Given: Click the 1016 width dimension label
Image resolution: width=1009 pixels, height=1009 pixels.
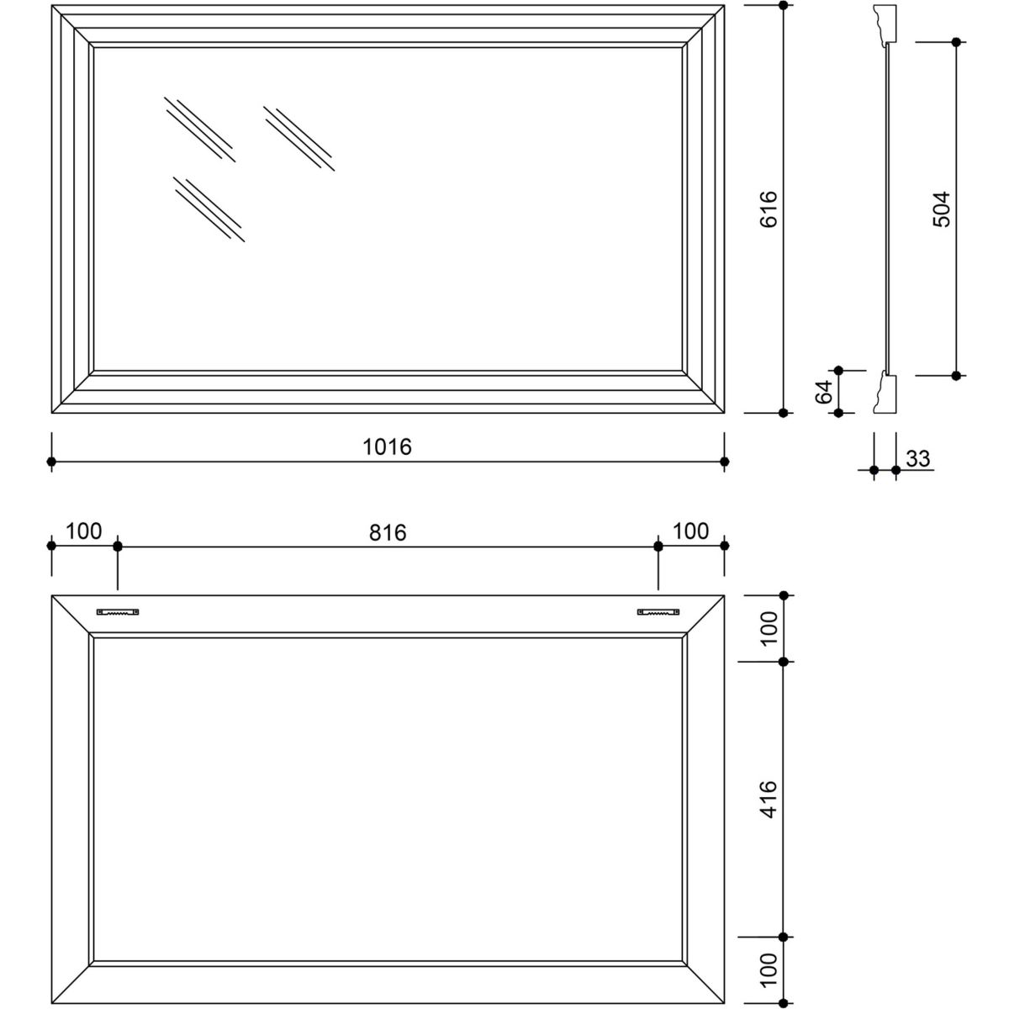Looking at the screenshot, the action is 387,446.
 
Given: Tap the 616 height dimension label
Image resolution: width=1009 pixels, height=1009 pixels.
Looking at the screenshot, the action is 769,209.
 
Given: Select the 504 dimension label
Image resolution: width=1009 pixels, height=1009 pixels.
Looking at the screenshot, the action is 942,209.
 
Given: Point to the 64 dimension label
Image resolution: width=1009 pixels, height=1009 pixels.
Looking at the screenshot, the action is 824,392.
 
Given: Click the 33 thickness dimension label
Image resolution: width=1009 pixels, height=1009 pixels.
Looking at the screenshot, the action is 918,459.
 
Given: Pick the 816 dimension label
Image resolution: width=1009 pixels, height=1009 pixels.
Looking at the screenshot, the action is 388,533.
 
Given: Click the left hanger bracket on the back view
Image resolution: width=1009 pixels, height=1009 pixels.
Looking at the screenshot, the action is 118,611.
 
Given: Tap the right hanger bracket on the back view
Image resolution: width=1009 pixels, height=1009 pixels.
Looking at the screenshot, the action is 658,611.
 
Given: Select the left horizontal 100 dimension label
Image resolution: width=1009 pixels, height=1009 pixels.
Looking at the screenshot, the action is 84,531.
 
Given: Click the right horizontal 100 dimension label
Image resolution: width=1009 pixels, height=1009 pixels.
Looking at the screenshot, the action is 690,531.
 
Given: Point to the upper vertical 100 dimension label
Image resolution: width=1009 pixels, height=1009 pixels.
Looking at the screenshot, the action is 769,628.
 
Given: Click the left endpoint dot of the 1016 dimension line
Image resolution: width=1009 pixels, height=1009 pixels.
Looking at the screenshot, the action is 51,462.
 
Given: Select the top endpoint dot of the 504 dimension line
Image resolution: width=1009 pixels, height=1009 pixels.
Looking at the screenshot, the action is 956,42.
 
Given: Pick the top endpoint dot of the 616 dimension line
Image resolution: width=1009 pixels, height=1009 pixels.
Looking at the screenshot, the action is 784,5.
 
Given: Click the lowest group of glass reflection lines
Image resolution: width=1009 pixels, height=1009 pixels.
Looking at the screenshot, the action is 209,209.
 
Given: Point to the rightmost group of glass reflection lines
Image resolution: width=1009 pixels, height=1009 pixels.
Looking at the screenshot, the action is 299,139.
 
